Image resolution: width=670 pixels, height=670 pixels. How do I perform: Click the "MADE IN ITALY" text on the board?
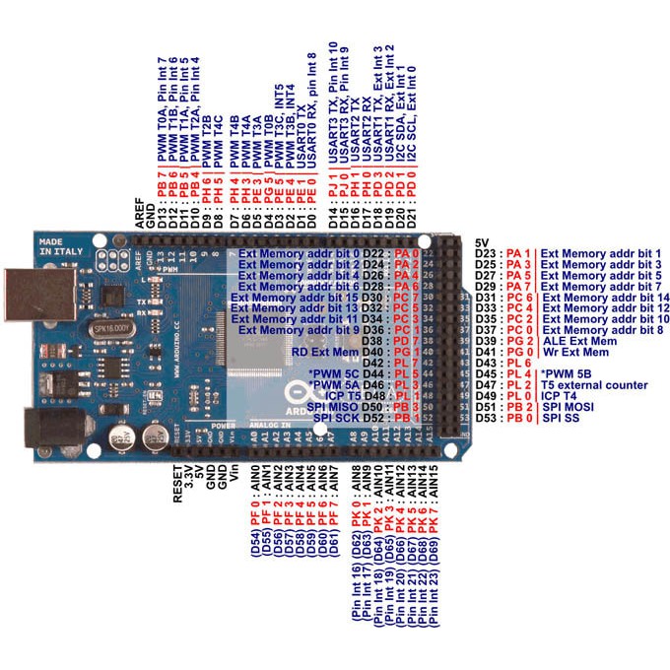click(64, 245)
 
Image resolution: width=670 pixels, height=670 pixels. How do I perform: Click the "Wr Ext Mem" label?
click(578, 352)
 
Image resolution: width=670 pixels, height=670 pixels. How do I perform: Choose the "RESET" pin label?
click(178, 485)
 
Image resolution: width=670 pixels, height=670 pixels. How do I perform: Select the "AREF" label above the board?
click(138, 214)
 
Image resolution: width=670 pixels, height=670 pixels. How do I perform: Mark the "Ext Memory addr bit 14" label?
click(606, 297)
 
